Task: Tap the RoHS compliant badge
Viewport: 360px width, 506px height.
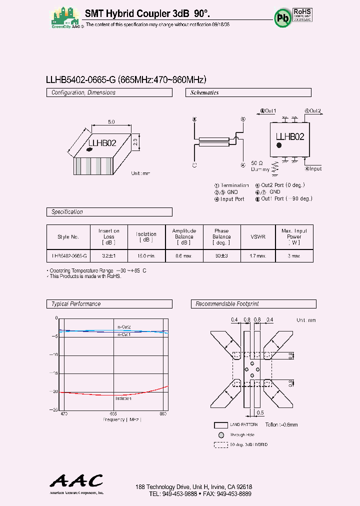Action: tap(302, 14)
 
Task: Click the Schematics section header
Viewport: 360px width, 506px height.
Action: tap(204, 92)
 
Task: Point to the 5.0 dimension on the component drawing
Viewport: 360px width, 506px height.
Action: tap(111, 121)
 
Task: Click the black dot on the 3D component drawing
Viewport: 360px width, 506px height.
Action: tap(90, 148)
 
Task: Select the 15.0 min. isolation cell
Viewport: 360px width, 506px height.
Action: tap(146, 255)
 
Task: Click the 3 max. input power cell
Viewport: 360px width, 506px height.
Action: tap(294, 255)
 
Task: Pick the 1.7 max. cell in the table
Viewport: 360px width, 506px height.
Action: tap(258, 255)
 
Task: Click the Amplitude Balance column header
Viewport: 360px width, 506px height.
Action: tap(184, 236)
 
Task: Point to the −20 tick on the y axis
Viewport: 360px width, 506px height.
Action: tap(54, 391)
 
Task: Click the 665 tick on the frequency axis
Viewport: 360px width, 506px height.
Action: tap(113, 414)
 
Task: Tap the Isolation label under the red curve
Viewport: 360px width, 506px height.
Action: tap(123, 398)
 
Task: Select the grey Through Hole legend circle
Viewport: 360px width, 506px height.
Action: tap(221, 434)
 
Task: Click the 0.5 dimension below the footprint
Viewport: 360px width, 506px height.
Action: tap(259, 412)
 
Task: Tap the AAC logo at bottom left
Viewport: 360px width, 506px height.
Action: tap(76, 481)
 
